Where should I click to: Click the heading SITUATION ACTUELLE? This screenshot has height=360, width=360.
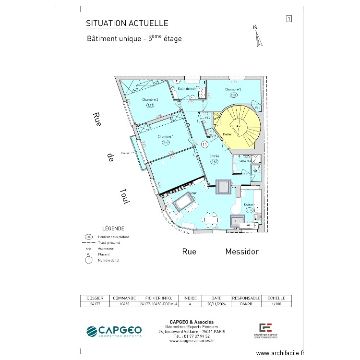[127, 24]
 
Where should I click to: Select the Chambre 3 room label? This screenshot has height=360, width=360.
[233, 89]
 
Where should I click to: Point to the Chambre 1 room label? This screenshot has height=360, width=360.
[166, 137]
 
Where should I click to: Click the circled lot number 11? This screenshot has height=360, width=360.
[205, 144]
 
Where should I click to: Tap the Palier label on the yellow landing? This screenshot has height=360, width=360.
[227, 134]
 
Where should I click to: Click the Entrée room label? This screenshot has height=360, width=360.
[214, 156]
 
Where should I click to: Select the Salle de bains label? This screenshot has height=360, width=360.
[188, 89]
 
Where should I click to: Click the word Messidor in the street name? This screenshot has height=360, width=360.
[242, 252]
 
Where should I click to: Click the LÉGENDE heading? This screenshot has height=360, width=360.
[113, 228]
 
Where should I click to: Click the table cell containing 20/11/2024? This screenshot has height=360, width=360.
[216, 304]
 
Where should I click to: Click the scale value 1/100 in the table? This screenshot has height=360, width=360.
[277, 304]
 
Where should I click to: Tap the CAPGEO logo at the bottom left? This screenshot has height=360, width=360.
[114, 331]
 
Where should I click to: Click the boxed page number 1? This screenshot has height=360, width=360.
[289, 19]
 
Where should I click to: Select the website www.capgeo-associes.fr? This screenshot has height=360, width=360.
[192, 341]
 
